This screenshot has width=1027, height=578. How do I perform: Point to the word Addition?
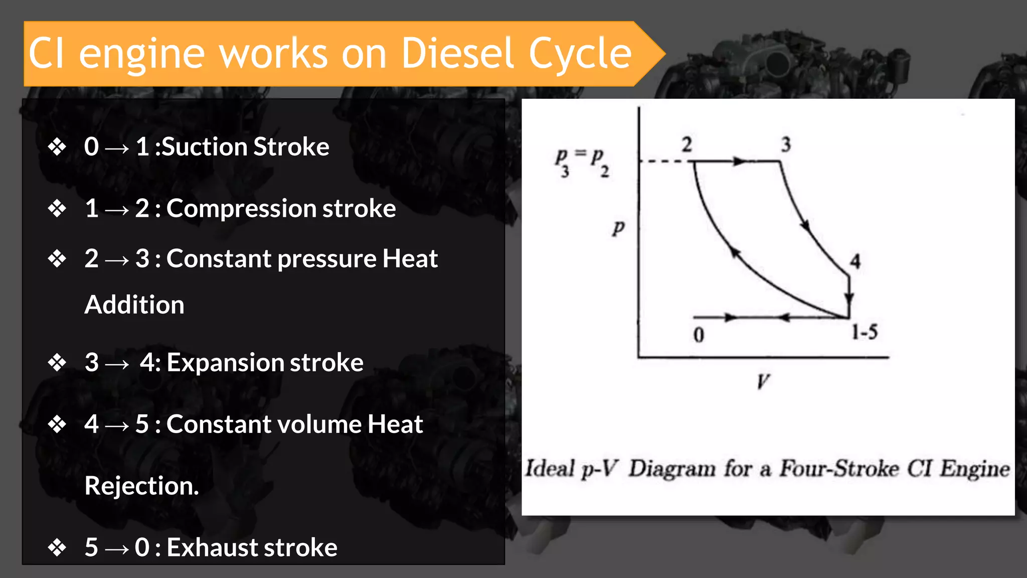pyautogui.click(x=134, y=305)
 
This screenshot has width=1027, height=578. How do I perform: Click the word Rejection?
pyautogui.click(x=141, y=486)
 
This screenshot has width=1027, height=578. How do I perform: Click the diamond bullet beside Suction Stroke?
pyautogui.click(x=57, y=147)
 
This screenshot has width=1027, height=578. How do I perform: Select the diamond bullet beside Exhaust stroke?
pyautogui.click(x=57, y=547)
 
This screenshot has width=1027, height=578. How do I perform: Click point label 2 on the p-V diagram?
pyautogui.click(x=687, y=145)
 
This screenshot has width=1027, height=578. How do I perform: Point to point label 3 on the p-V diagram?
pyautogui.click(x=786, y=145)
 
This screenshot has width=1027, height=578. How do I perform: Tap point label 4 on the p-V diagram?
pyautogui.click(x=855, y=261)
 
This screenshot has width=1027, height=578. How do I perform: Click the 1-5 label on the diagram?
pyautogui.click(x=865, y=332)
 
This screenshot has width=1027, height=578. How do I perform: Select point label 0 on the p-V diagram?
pyautogui.click(x=699, y=335)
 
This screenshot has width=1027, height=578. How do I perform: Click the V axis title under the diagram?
pyautogui.click(x=763, y=382)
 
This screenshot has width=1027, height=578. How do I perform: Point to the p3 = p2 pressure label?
pyautogui.click(x=582, y=162)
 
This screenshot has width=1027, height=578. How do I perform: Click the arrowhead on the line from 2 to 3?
pyautogui.click(x=739, y=162)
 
